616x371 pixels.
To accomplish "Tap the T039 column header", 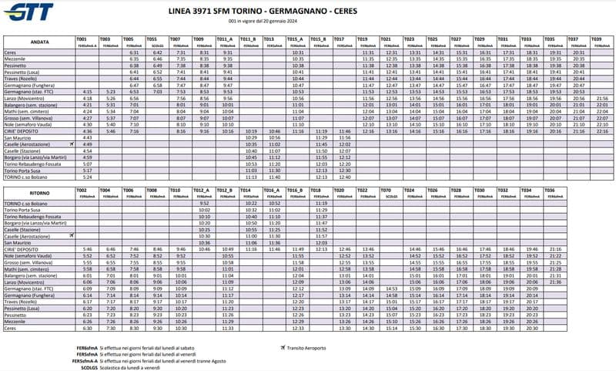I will (x=597, y=39).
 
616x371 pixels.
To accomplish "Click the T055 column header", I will (x=152, y=39).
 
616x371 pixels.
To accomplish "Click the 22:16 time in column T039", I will (x=601, y=131).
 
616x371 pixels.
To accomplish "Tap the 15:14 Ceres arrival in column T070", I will (x=392, y=328).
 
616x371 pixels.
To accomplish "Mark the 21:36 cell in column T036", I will (x=553, y=282).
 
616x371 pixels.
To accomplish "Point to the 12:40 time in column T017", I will (x=344, y=177).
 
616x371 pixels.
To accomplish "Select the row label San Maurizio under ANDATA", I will (x=20, y=137).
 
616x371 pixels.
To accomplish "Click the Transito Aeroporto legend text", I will (x=307, y=348).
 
